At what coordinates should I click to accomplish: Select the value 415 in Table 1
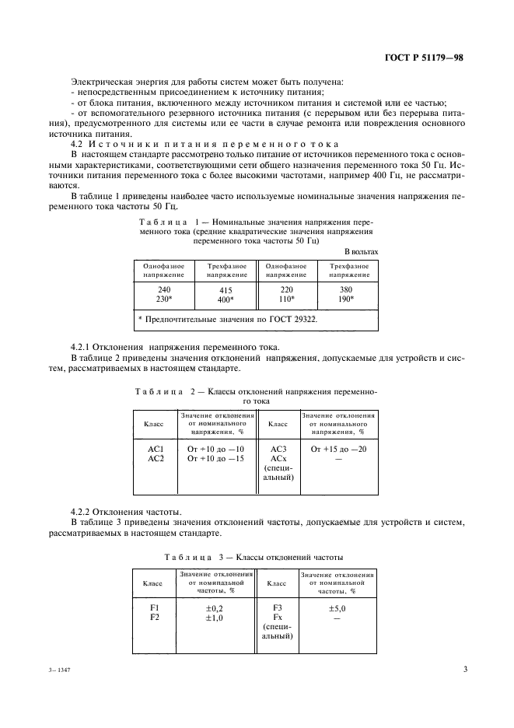point(226,288)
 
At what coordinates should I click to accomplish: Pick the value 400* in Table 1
point(226,299)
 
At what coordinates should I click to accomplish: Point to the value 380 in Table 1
point(348,288)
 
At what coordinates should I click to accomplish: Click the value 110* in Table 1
point(287,299)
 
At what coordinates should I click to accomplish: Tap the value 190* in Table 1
point(348,299)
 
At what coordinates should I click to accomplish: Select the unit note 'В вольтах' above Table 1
point(361,251)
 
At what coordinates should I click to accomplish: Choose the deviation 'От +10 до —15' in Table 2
point(216,459)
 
